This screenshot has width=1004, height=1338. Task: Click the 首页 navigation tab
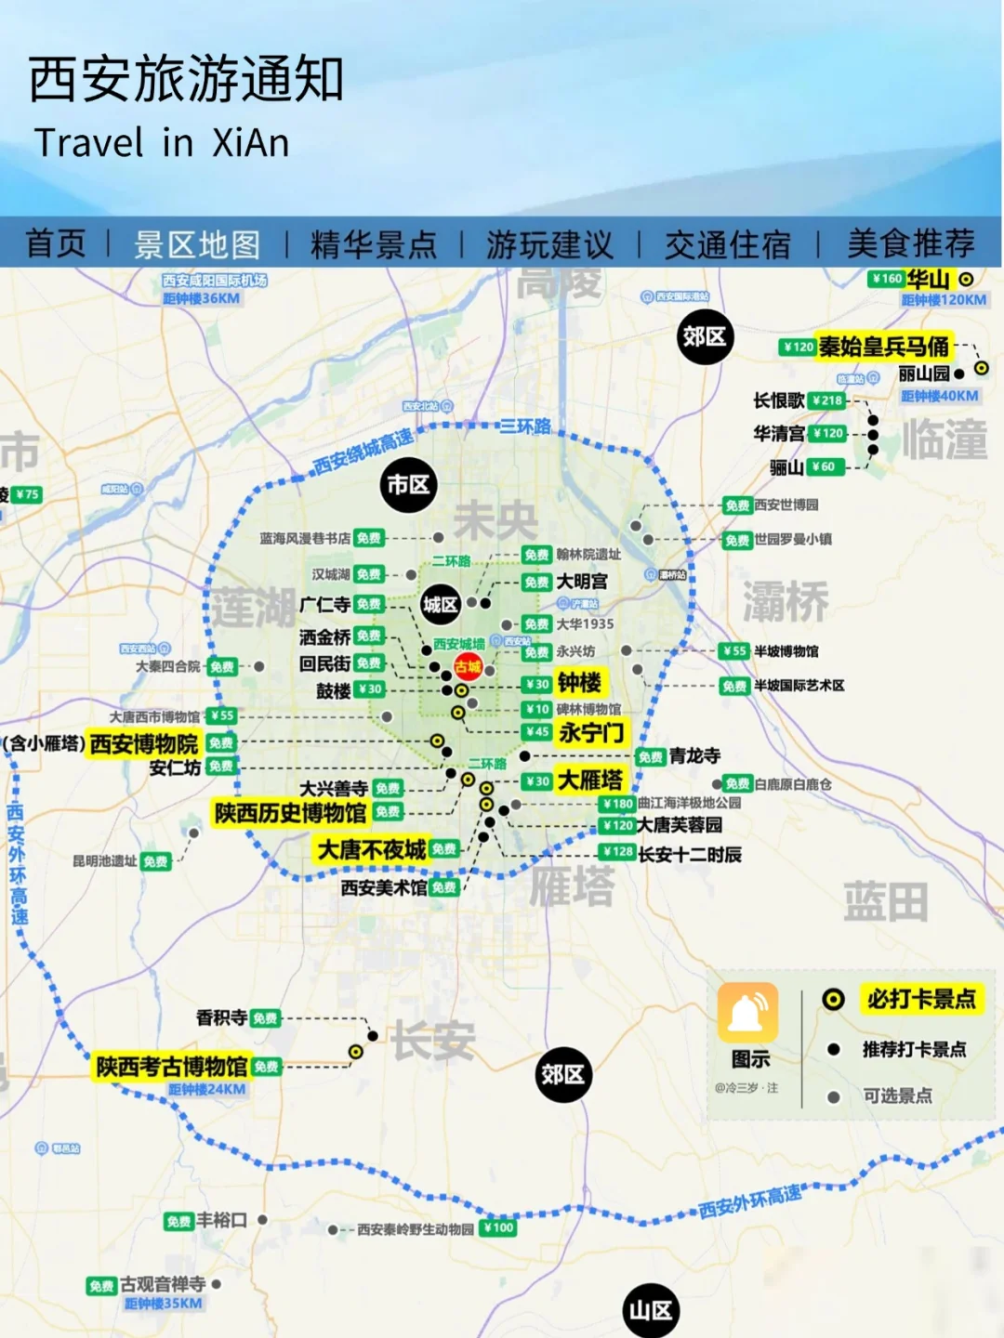tap(56, 244)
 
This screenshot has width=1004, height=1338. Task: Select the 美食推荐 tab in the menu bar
tap(910, 244)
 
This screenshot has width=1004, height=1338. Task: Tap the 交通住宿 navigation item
tap(727, 244)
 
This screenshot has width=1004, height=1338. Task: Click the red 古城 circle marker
tap(468, 666)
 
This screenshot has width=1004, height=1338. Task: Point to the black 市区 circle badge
tap(408, 484)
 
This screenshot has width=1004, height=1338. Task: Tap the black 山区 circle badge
tap(651, 1310)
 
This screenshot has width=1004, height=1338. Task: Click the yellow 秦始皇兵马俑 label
tap(883, 347)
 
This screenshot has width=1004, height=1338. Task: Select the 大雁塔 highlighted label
tap(590, 780)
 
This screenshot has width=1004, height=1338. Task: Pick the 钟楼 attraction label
tap(579, 683)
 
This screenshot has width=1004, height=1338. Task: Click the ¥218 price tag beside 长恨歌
tap(826, 400)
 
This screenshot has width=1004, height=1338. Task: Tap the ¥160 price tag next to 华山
tap(887, 279)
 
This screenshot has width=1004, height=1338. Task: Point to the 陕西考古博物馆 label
tap(172, 1066)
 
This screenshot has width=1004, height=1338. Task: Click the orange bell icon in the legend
tap(748, 1012)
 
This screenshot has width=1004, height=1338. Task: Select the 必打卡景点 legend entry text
tap(920, 999)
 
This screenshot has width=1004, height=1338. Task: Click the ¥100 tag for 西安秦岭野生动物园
tap(499, 1227)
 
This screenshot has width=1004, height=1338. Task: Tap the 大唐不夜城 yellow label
tap(372, 849)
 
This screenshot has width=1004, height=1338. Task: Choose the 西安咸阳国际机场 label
tap(215, 280)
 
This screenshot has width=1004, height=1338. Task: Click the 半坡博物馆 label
tap(786, 651)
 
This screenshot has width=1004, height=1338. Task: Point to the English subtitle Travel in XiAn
tap(162, 143)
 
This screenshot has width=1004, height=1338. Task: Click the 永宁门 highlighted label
tap(591, 732)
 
